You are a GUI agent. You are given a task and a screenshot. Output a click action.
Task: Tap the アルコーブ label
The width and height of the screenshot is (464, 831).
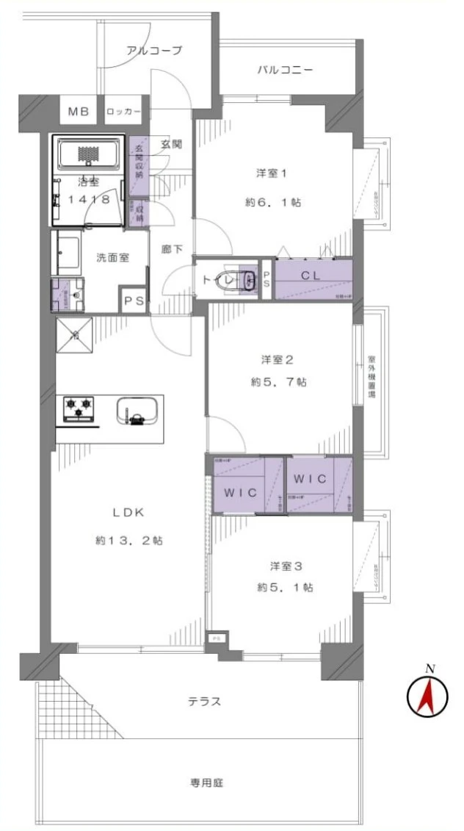pos(154,51)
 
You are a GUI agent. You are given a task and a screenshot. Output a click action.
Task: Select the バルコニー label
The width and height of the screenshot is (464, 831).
pos(285,71)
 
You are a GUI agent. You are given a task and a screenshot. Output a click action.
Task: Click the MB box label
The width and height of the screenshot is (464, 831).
pos(78,112)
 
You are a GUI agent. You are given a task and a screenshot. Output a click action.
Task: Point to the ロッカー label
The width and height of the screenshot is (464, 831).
pos(123,112)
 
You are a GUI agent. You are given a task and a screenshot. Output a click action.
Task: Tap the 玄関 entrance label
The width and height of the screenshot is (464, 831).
pos(172,144)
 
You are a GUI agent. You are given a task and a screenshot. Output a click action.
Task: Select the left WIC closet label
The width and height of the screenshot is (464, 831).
pos(242,492)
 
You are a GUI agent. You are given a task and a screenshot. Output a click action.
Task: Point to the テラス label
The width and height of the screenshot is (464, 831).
pos(205,702)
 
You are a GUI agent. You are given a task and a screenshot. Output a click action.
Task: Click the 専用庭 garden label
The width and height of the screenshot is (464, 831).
pos(205,783)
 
